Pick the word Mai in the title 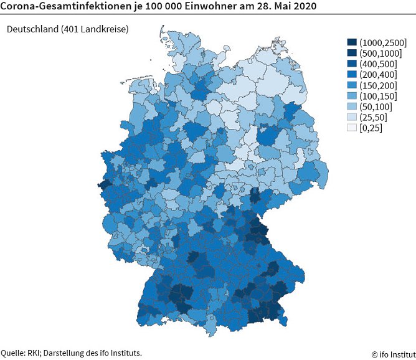coord(278,7)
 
